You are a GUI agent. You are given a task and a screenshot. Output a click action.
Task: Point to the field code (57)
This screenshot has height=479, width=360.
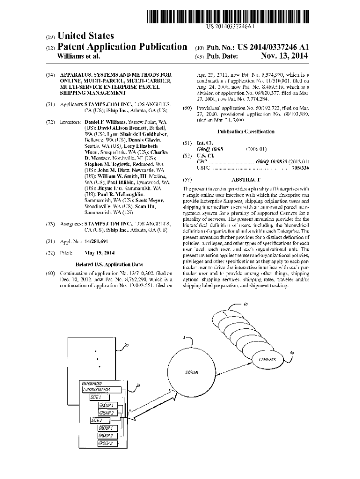tap(187, 180)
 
